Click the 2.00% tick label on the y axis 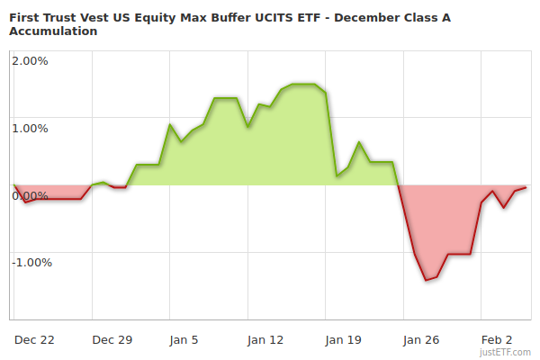coord(30,61)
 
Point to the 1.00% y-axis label coord(30,128)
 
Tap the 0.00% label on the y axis coord(30,195)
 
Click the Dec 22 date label coord(35,340)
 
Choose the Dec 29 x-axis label coord(112,340)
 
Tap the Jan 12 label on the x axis coord(265,340)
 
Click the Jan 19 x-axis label coord(343,340)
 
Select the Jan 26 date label coord(420,340)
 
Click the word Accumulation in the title coord(53,31)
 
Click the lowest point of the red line coord(426,280)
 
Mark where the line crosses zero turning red coord(398,185)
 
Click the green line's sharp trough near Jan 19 coord(337,176)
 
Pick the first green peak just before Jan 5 coord(170,125)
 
